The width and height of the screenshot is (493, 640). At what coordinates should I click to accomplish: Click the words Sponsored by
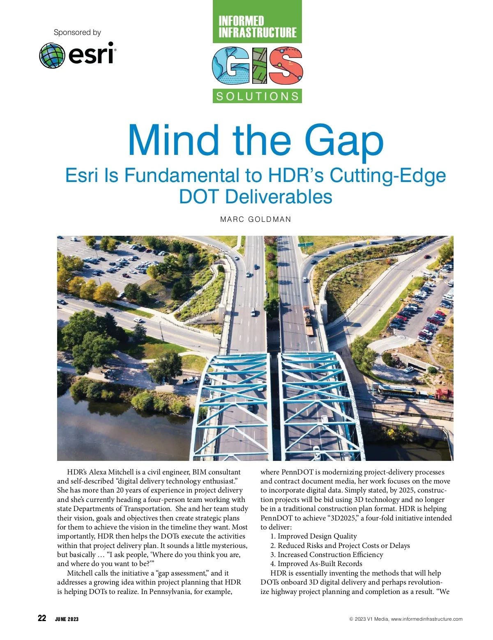tap(77, 32)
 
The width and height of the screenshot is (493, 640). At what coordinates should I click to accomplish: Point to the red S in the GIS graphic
tap(286, 66)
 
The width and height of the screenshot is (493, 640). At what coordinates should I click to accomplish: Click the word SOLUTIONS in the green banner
tap(258, 97)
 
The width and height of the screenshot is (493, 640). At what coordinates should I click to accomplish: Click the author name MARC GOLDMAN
tap(256, 219)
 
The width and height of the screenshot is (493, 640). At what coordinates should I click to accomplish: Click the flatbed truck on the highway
tap(308, 321)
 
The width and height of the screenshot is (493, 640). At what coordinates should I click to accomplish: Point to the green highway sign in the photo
tap(306, 245)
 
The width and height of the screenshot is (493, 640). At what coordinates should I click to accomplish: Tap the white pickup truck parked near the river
tap(190, 380)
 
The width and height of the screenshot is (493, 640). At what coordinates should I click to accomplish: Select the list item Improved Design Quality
tap(317, 536)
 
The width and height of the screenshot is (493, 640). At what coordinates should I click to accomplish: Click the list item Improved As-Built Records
tap(320, 564)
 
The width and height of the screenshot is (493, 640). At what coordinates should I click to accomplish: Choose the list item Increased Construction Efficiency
tap(330, 555)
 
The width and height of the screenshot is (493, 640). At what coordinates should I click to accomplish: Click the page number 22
tap(42, 618)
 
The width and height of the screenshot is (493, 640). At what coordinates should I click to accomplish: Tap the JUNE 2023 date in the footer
tap(67, 619)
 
